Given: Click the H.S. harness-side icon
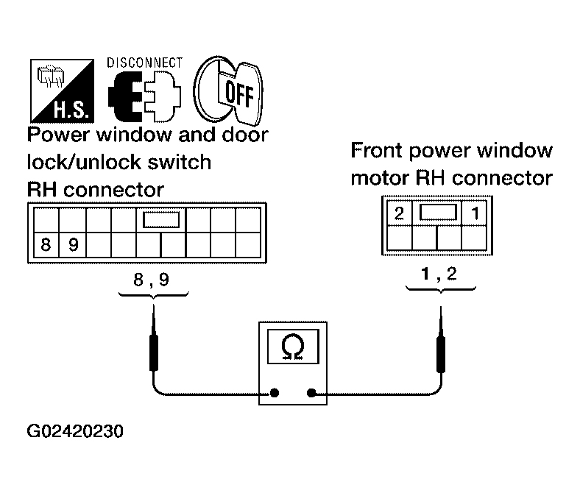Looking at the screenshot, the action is point(62,91).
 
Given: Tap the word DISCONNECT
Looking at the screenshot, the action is point(144,63).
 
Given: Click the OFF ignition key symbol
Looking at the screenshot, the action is point(228,91).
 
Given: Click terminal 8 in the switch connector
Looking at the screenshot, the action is point(46,244).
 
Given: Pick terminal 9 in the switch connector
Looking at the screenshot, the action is point(73,244).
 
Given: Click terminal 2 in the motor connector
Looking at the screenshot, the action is point(399,213).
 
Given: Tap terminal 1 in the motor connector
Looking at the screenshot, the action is point(475,213).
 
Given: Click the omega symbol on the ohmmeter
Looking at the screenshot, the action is point(293,347).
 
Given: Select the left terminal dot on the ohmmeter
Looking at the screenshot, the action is point(275,393).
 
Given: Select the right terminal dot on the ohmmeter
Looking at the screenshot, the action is point(311,393).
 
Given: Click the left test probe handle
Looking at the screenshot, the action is point(154,352).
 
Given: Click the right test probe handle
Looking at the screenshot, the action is point(441,355).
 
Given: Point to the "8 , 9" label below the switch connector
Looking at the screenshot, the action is point(152,279).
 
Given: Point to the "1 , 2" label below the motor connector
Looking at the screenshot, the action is point(439,274).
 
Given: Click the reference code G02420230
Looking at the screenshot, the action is point(75,431).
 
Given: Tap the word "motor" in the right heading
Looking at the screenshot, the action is point(381,178).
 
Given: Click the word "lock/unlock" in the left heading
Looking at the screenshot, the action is point(85,163).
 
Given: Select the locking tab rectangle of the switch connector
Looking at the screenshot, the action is point(161,220).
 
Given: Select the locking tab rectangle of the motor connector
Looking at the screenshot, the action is point(438,213).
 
